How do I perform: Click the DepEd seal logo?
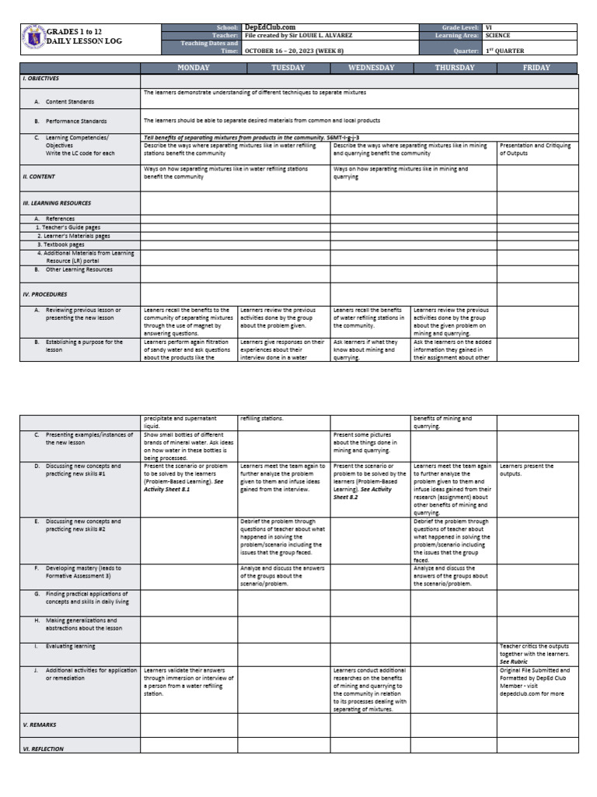click(x=32, y=37)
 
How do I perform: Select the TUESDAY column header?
click(x=288, y=68)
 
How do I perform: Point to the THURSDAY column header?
click(x=455, y=68)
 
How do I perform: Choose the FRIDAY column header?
click(x=536, y=68)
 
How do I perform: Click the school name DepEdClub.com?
click(x=270, y=27)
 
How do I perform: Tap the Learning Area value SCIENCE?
click(x=497, y=36)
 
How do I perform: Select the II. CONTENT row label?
click(x=39, y=177)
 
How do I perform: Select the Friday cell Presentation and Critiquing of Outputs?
click(x=535, y=149)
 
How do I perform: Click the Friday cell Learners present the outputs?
click(x=527, y=470)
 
